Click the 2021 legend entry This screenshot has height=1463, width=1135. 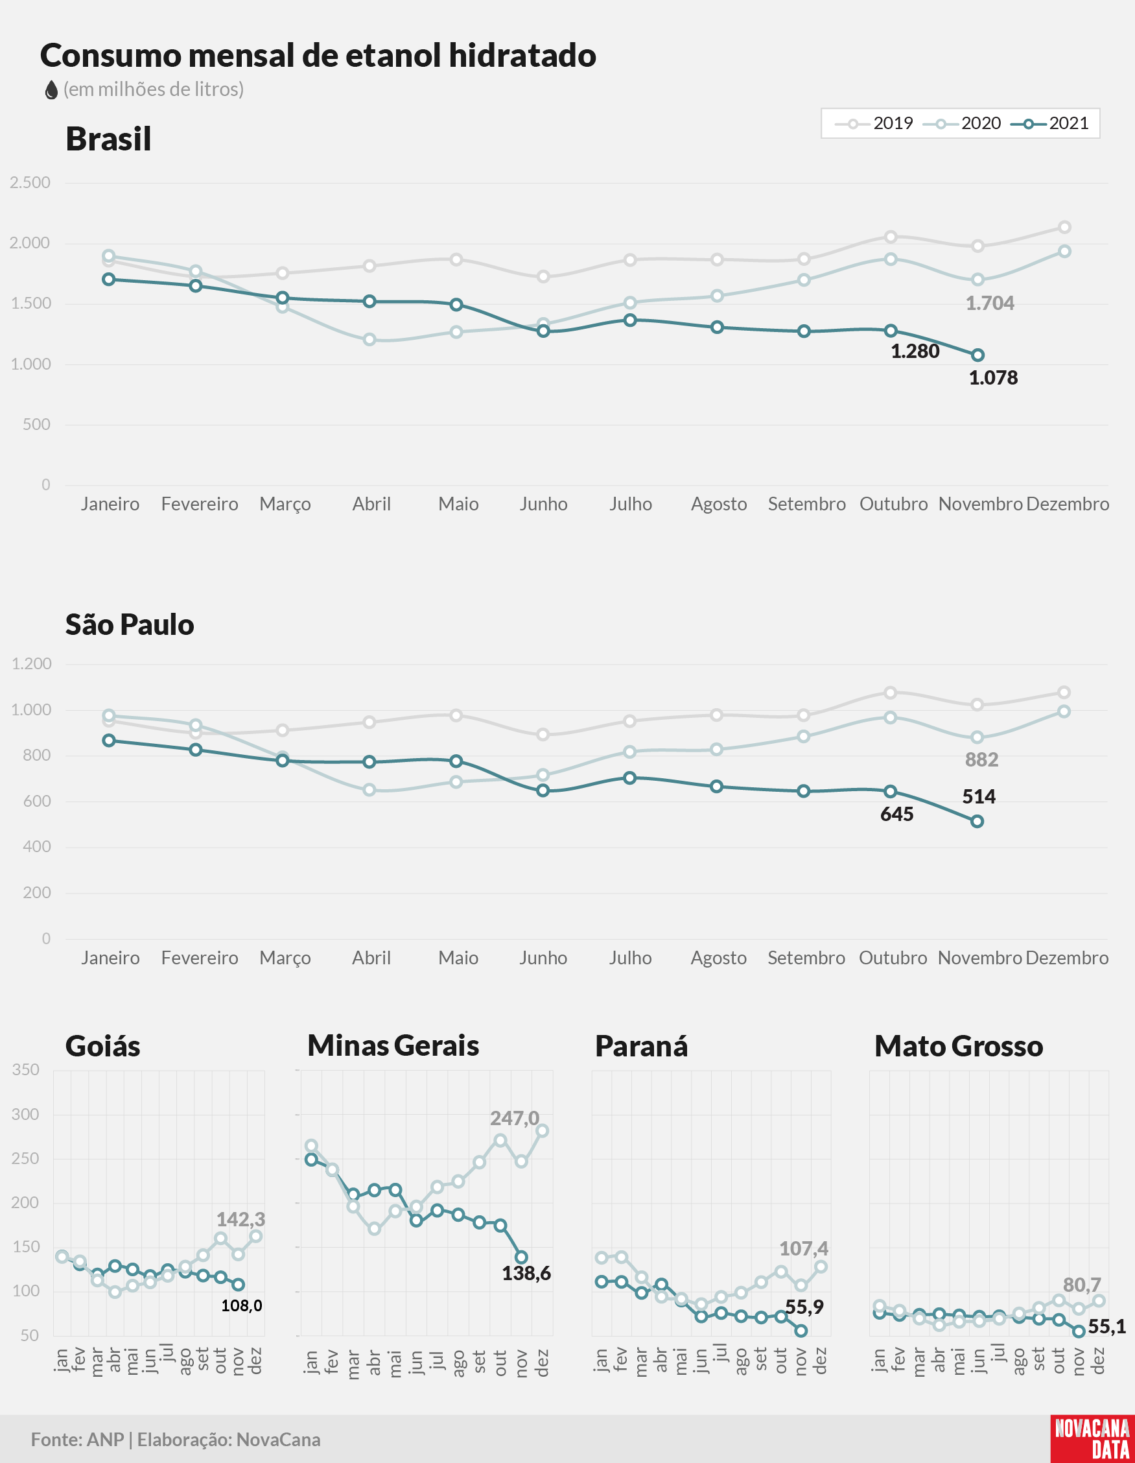tap(1049, 123)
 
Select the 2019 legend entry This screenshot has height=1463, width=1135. tap(874, 123)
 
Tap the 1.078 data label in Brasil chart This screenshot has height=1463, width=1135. tap(993, 378)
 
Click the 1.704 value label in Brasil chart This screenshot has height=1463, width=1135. tap(990, 303)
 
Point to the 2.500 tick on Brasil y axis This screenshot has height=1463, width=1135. tap(30, 183)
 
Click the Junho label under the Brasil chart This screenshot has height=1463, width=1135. tap(543, 504)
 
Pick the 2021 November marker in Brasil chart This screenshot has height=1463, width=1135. tap(977, 355)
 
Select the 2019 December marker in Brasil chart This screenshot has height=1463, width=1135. tap(1064, 228)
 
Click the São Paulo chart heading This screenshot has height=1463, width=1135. tap(130, 624)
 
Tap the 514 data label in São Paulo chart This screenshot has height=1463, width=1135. tap(979, 796)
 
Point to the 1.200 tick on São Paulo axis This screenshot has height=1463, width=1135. tap(32, 664)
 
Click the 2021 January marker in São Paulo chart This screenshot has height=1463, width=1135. tap(108, 741)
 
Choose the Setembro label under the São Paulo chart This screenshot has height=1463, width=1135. tap(806, 958)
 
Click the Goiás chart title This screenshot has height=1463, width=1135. tap(103, 1046)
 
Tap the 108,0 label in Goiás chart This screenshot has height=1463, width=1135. tap(242, 1305)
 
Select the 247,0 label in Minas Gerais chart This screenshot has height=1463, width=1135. tap(514, 1118)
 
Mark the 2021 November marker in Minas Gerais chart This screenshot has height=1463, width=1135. tap(522, 1257)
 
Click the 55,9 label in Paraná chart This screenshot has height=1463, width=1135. tap(804, 1307)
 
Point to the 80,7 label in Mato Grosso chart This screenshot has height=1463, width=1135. tap(1082, 1285)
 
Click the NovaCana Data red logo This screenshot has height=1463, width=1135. tap(1092, 1439)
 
